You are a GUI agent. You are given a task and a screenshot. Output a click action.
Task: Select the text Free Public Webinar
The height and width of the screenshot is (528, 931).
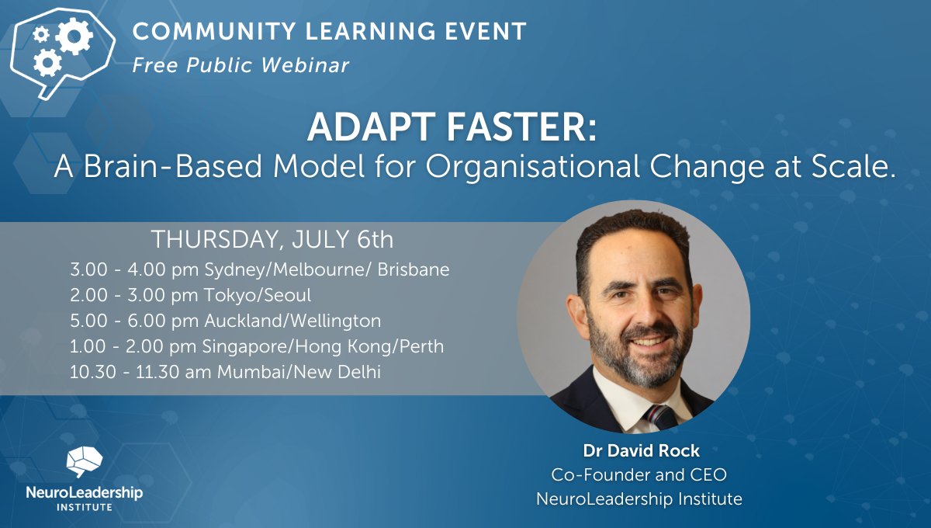coord(241,65)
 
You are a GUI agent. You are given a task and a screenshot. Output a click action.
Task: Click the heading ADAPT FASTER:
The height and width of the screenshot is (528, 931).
coord(452,127)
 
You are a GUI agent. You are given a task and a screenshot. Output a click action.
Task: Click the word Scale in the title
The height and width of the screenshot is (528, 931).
coord(853,166)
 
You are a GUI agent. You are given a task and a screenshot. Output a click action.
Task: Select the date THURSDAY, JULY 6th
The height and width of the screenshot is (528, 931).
coord(272,238)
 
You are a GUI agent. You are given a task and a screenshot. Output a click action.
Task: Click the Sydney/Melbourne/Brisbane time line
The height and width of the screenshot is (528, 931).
coord(260,269)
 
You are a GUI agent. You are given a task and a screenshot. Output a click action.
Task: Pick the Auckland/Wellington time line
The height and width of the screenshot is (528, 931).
coord(226,321)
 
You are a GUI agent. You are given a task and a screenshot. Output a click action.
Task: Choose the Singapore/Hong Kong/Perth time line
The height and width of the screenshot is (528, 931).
coord(257,346)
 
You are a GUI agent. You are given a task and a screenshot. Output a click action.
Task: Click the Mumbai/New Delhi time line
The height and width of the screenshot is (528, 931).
coord(225,372)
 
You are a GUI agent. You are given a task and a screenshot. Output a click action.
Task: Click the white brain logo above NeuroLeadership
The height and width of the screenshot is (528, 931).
coord(83,462)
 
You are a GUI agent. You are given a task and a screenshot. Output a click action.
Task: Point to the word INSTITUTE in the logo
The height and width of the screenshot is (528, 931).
coord(84,507)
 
